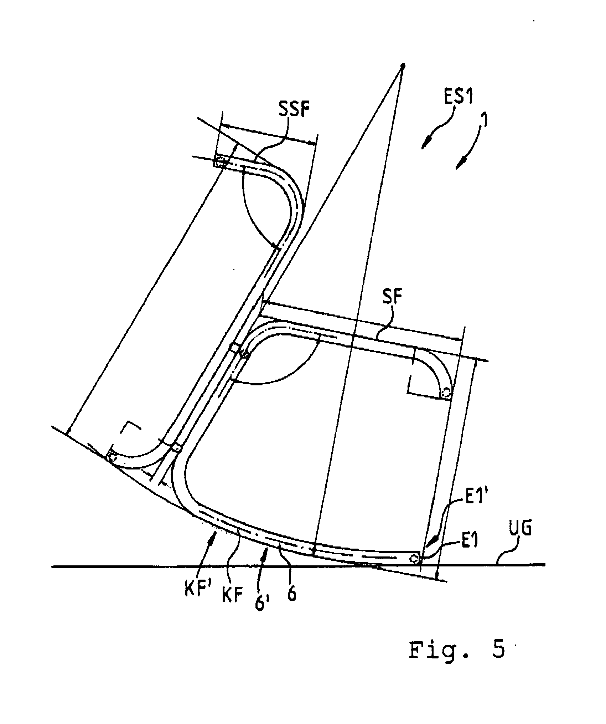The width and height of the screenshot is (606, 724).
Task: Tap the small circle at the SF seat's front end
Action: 445,393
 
